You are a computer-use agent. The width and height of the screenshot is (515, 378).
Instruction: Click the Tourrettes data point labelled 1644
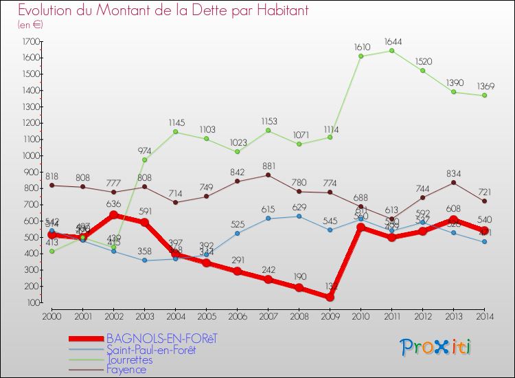pyautogui.click(x=391, y=50)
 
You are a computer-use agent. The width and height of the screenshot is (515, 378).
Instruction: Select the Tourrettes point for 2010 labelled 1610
pyautogui.click(x=360, y=56)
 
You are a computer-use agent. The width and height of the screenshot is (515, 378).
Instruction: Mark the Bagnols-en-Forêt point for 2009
pyautogui.click(x=330, y=297)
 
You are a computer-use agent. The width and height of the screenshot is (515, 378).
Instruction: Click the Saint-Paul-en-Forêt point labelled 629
pyautogui.click(x=298, y=216)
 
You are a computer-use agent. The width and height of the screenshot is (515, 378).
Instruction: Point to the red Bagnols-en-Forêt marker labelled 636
pyautogui.click(x=113, y=214)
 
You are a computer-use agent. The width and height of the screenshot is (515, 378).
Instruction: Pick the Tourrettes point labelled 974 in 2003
pyautogui.click(x=144, y=159)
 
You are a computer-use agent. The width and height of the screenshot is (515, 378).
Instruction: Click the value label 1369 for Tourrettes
pyautogui.click(x=484, y=85)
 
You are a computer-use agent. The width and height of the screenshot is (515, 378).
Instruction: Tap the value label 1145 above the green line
pyautogui.click(x=176, y=122)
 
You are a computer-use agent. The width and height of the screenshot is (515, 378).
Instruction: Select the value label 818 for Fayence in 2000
pyautogui.click(x=52, y=176)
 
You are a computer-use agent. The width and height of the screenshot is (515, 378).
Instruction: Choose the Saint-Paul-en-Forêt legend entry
pyautogui.click(x=151, y=349)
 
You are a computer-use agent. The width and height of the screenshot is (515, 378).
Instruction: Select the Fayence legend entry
pyautogui.click(x=127, y=370)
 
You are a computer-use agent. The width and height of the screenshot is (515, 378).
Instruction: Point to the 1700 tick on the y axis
pyautogui.click(x=30, y=41)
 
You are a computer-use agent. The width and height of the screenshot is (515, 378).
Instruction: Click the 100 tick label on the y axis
pyautogui.click(x=32, y=302)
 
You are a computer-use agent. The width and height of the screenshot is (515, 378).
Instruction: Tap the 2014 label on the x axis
pyautogui.click(x=484, y=316)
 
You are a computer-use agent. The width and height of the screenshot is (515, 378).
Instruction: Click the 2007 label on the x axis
pyautogui.click(x=267, y=316)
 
